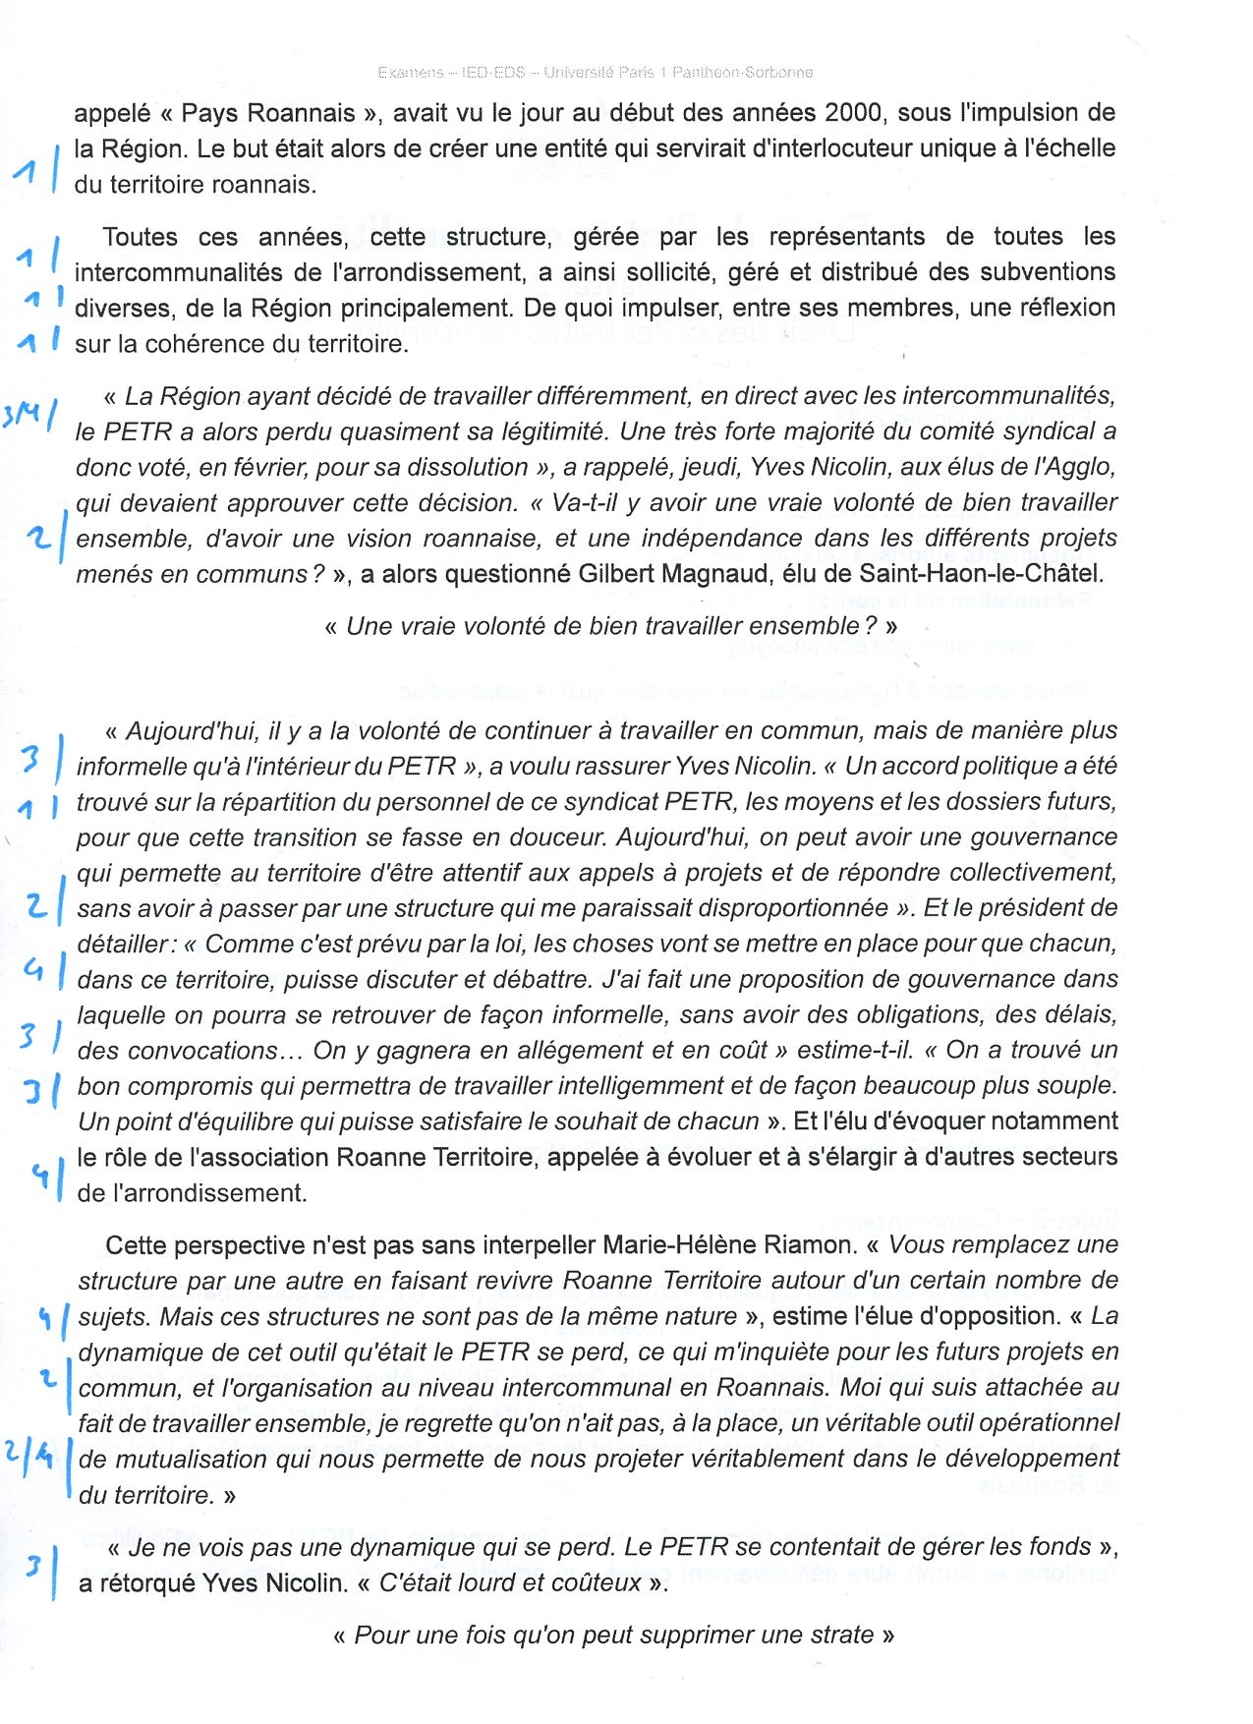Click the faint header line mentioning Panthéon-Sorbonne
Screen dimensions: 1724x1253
pos(595,73)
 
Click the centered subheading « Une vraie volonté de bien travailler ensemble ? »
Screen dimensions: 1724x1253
pos(610,627)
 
